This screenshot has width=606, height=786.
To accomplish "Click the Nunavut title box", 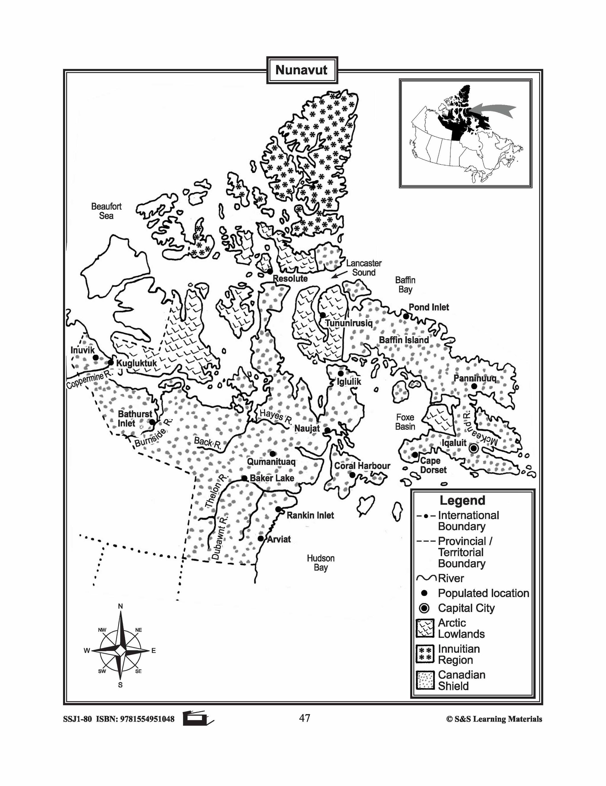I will point(302,70).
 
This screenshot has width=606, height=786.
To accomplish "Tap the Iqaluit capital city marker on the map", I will point(473,448).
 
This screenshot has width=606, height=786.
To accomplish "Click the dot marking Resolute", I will point(269,271).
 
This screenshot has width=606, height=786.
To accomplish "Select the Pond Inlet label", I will point(429,307).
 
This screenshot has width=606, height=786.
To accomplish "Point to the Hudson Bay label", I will point(320,563).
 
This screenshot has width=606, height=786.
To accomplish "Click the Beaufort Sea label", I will point(106,211).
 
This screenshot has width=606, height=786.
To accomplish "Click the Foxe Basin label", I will point(405,422).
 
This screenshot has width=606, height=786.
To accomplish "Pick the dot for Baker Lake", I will point(244,478).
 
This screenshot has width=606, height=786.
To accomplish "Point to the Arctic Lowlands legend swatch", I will point(425,628).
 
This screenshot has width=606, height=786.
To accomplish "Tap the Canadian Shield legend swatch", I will point(425,680).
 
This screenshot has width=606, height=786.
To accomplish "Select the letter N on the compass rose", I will point(121,607).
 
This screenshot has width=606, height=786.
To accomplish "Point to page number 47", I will point(304,718).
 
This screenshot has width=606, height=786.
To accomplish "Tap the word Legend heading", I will point(462,501).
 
